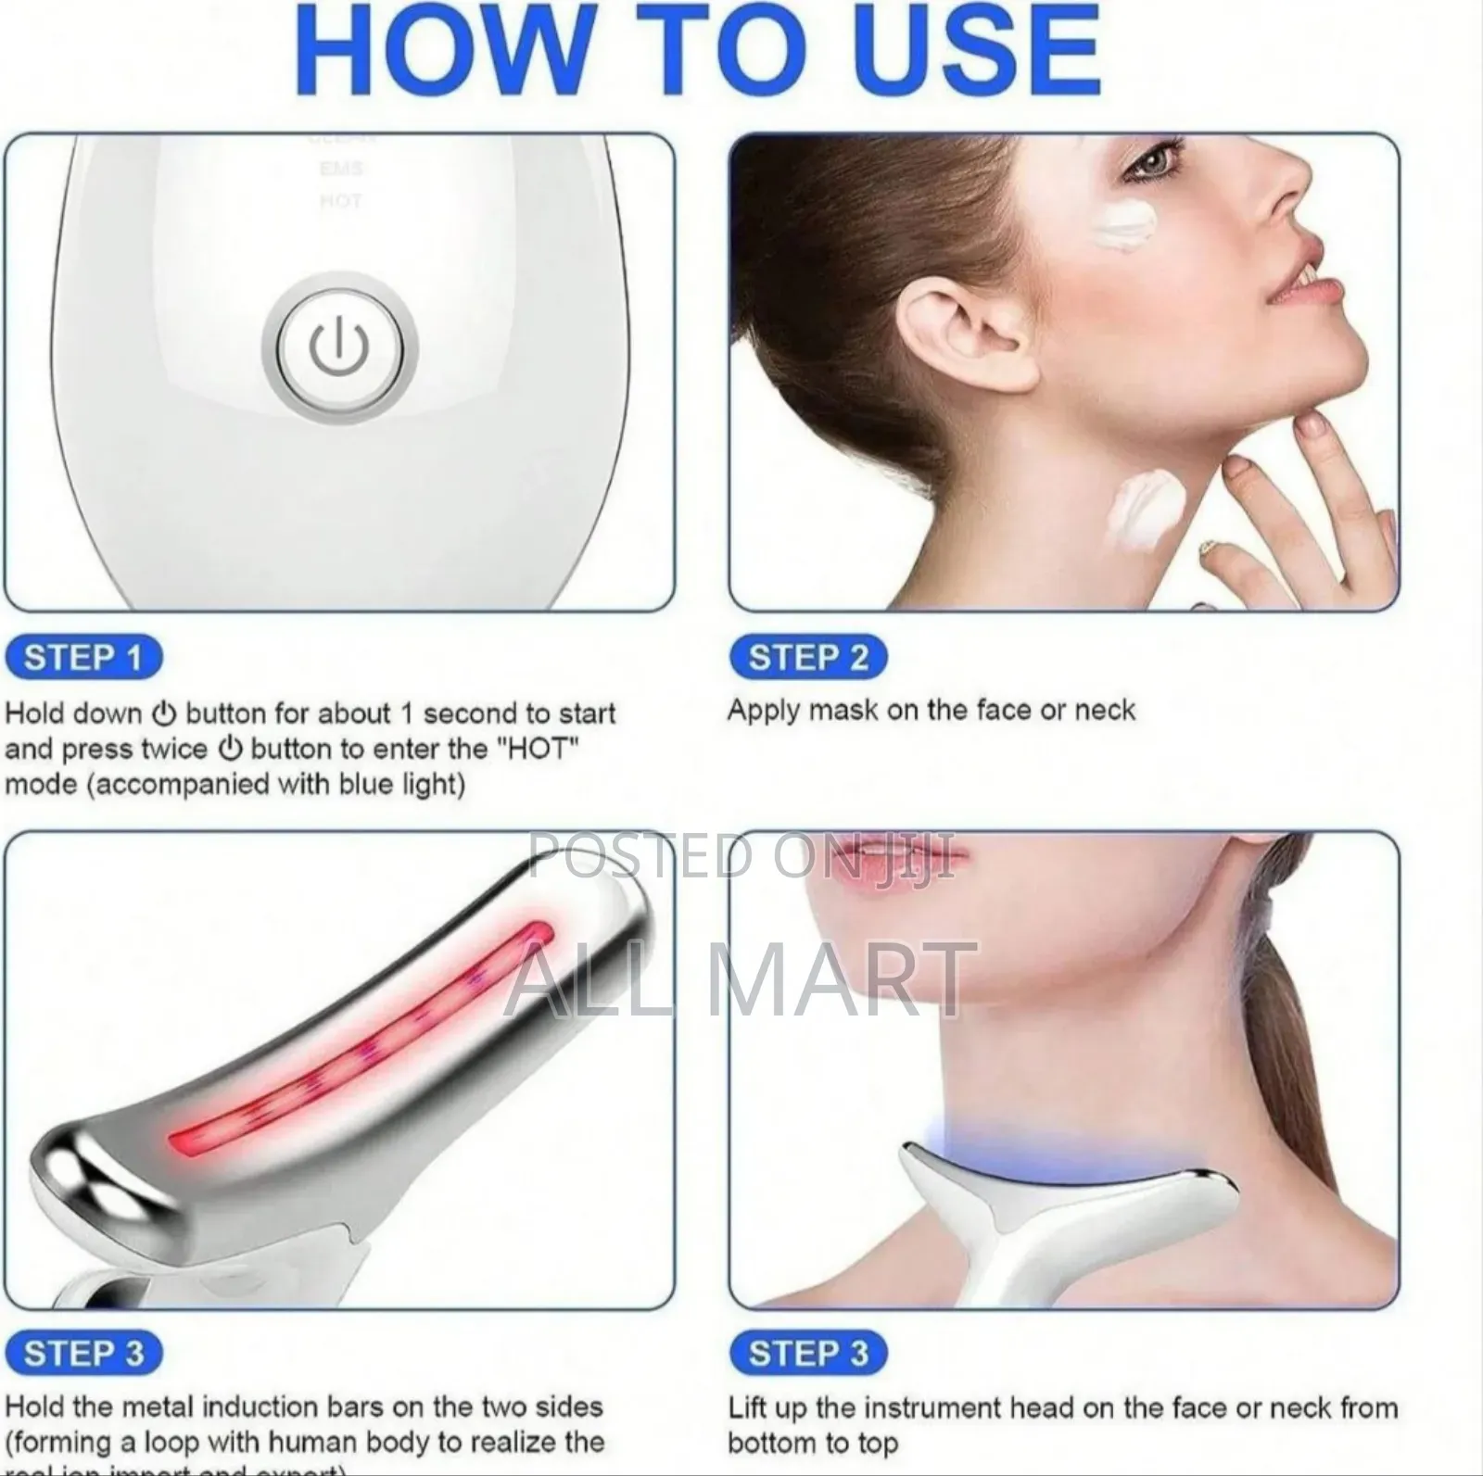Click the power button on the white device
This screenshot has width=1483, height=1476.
(x=339, y=349)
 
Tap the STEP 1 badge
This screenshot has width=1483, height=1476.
(x=83, y=658)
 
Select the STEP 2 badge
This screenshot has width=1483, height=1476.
(x=807, y=658)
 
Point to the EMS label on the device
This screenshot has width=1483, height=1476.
(x=341, y=170)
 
